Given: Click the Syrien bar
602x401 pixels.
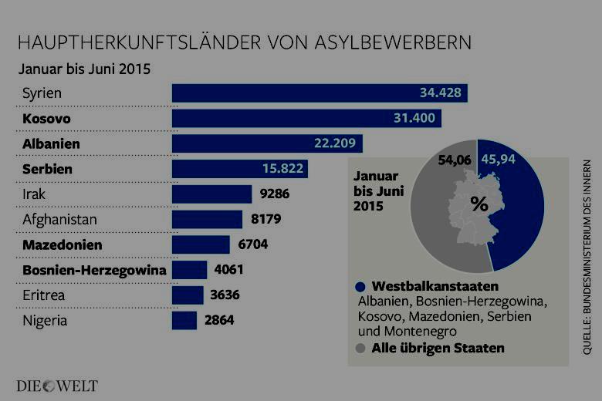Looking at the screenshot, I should [320, 93].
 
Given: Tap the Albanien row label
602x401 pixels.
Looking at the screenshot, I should [52, 143].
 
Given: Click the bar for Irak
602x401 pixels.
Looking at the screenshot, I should [211, 194].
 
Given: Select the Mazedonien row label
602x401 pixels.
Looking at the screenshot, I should [63, 244].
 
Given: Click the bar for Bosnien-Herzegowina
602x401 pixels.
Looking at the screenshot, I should [190, 270].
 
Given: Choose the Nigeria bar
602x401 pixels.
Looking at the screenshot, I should [184, 320].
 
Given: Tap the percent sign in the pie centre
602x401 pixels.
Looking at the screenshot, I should [479, 205].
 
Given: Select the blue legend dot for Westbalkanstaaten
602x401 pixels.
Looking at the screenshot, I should [360, 286].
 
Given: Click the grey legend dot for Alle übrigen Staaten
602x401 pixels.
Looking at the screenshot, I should [360, 348].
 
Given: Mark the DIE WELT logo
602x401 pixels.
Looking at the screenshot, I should [58, 385].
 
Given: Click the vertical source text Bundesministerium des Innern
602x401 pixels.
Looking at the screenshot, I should [587, 258].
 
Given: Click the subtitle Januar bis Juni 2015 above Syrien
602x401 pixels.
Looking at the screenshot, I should [84, 67].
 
